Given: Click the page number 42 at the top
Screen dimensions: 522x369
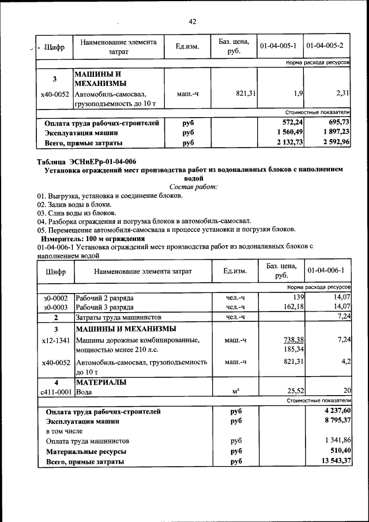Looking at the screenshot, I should click(x=193, y=22).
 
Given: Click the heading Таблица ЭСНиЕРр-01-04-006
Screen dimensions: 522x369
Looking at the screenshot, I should click(x=86, y=161).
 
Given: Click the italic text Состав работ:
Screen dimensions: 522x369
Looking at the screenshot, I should click(x=194, y=187).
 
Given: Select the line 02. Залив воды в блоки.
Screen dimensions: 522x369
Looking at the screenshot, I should click(x=74, y=204).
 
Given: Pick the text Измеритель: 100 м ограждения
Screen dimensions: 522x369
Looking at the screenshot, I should click(x=92, y=238).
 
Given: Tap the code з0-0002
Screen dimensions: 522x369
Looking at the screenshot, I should click(x=55, y=298).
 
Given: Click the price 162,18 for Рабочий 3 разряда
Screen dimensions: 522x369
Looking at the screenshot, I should click(x=292, y=306).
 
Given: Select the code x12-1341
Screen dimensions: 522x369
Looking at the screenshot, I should click(x=55, y=340).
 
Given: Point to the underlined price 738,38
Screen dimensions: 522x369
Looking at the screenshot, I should click(x=292, y=340).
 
